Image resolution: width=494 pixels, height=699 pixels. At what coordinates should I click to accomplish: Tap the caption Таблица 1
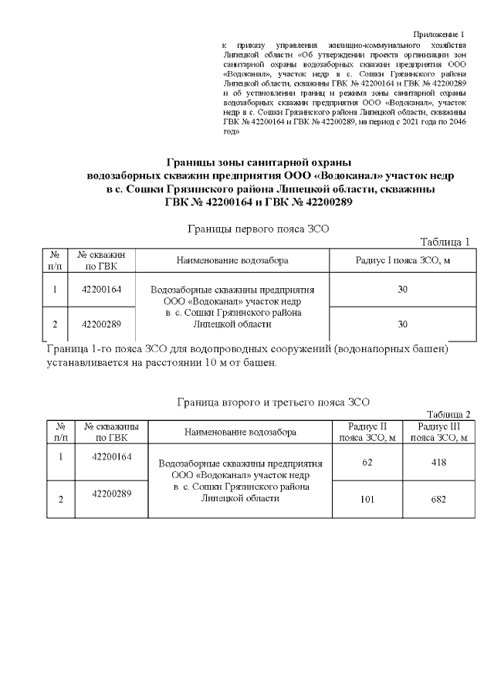tap(445, 242)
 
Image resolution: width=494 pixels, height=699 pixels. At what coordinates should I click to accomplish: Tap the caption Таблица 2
tap(448, 414)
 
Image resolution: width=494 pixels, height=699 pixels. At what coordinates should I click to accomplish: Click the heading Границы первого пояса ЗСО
tap(259, 229)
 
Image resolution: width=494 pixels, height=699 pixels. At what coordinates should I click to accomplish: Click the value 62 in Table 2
tap(367, 462)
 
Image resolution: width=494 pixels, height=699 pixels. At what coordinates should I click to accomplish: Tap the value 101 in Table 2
tap(367, 499)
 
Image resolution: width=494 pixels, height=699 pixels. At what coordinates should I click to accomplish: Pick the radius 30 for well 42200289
tap(401, 324)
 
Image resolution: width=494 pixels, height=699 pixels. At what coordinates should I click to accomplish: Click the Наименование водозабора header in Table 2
tap(239, 433)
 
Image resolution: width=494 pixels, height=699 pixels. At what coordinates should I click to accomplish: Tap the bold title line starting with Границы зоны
tap(259, 162)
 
